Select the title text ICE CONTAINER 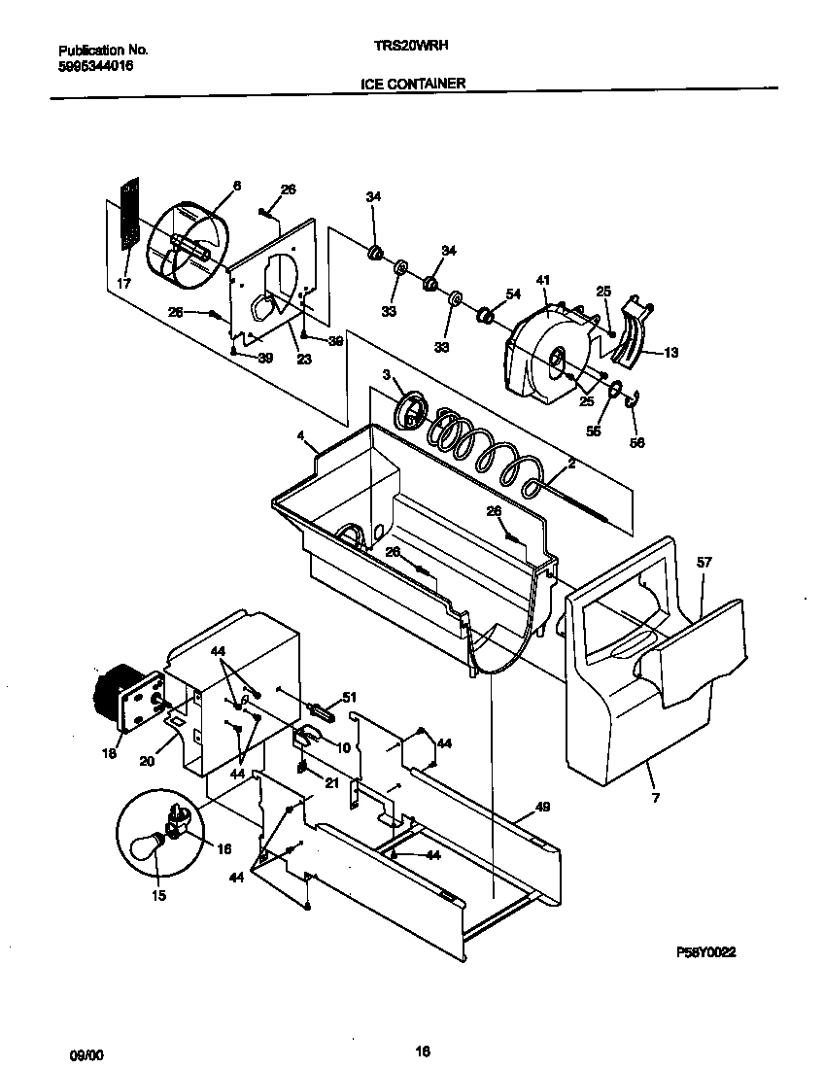(x=413, y=84)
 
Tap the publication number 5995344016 (x=95, y=65)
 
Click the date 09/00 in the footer (x=84, y=1052)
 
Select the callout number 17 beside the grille (x=123, y=284)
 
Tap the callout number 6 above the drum (x=236, y=185)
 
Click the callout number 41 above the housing (x=543, y=281)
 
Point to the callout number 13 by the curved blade (x=670, y=352)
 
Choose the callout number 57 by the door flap (x=704, y=562)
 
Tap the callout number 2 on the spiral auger (x=571, y=465)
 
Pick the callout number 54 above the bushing (x=513, y=293)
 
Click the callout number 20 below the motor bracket (x=147, y=761)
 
